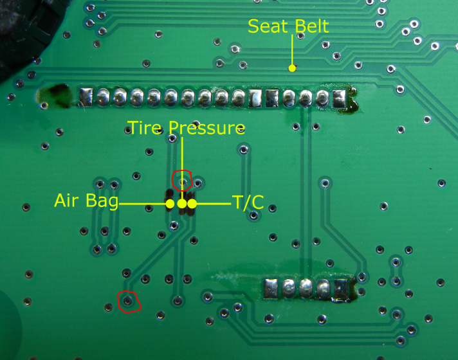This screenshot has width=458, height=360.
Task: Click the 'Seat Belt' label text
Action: click(x=288, y=26)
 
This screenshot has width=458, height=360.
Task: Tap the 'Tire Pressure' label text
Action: click(x=187, y=127)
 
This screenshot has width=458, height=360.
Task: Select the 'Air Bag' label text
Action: click(x=86, y=201)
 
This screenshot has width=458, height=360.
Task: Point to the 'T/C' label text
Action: click(x=248, y=202)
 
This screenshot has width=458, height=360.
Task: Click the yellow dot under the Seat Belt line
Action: click(x=292, y=68)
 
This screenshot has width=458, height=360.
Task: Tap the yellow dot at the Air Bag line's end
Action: click(x=170, y=204)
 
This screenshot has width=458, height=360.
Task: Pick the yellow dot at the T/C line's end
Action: click(x=192, y=204)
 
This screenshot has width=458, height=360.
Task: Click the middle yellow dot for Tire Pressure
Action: click(x=182, y=204)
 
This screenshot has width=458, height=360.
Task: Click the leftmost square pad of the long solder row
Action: click(x=86, y=96)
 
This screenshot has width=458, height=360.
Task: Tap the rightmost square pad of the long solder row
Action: click(x=340, y=98)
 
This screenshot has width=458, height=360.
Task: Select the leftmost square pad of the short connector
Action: click(x=271, y=289)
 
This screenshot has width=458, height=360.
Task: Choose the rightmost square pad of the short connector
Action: click(x=340, y=289)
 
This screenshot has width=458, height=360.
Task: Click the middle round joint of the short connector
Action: click(x=306, y=288)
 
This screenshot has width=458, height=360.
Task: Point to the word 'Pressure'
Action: click(x=206, y=128)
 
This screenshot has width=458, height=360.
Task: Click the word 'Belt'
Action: click(x=312, y=26)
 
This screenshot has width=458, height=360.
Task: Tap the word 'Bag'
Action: click(x=102, y=201)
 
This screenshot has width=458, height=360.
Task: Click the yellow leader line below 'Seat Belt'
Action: click(x=292, y=50)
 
